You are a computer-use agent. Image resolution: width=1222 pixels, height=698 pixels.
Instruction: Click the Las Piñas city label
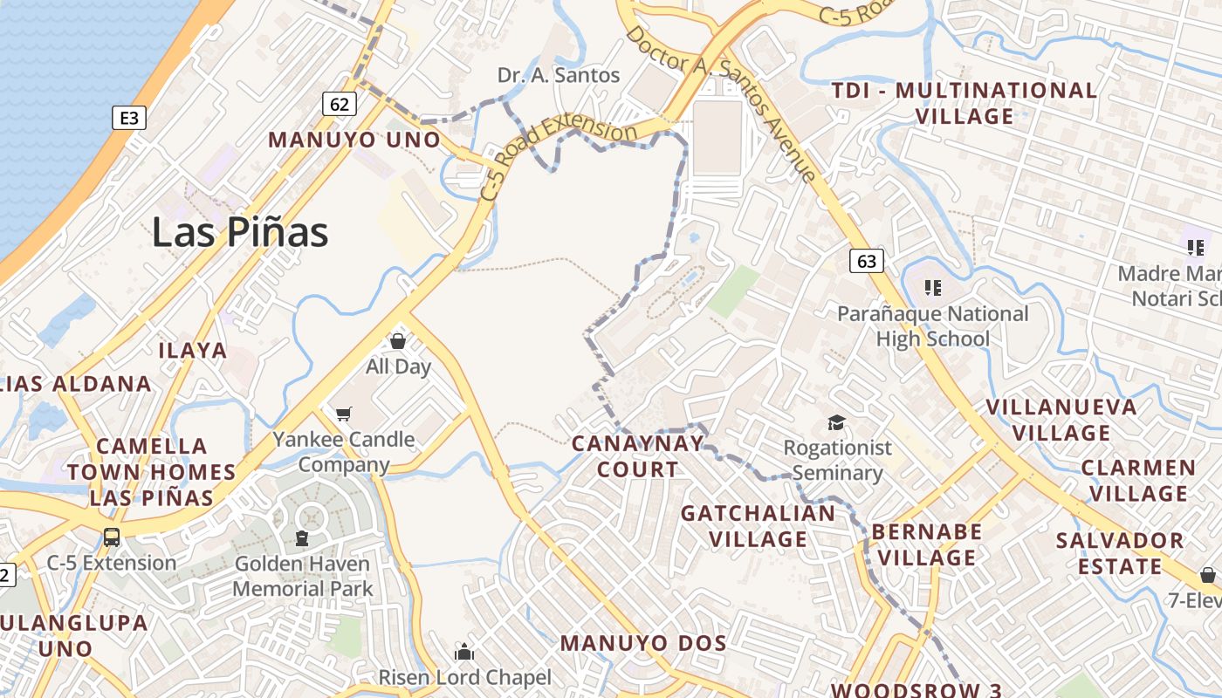[x=240, y=232]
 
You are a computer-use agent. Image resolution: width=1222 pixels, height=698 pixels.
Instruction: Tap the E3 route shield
[x=128, y=118]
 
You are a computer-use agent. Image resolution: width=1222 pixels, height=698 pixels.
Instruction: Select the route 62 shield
[x=339, y=105]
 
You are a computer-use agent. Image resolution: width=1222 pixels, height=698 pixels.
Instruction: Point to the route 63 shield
[x=866, y=261]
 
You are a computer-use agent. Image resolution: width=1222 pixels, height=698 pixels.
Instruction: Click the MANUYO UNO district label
[x=354, y=140]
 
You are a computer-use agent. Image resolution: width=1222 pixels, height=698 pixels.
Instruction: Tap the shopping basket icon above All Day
[x=398, y=340]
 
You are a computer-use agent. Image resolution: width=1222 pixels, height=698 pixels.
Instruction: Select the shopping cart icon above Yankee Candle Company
[x=343, y=414]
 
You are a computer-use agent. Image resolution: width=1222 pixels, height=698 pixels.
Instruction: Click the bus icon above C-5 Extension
[x=112, y=537]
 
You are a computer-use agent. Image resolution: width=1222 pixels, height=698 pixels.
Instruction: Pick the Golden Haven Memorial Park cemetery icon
[x=302, y=537]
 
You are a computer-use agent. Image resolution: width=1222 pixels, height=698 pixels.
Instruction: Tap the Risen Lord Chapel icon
[x=464, y=652]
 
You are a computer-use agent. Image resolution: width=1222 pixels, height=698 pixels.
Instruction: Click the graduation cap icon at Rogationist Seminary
[x=837, y=423]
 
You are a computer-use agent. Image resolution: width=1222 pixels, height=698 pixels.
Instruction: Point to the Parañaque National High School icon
[x=933, y=287]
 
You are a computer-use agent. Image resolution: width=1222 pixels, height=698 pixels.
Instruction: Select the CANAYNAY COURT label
[x=637, y=456]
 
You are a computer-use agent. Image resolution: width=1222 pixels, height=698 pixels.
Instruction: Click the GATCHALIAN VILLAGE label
[x=758, y=526]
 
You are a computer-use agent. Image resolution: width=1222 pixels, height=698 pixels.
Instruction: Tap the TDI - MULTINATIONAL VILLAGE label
[x=964, y=103]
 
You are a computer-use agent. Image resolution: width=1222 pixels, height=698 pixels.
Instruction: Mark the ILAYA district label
[x=192, y=351]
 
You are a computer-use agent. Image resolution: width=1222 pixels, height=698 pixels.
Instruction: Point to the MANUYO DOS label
[x=643, y=644]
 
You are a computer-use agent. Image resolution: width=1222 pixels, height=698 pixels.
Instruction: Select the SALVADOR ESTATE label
[x=1119, y=553]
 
